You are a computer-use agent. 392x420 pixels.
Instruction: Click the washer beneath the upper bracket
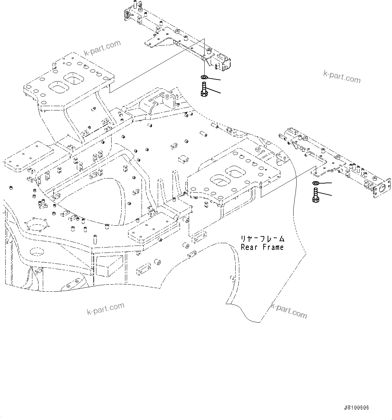(204, 77)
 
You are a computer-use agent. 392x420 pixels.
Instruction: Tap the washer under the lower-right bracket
(316, 183)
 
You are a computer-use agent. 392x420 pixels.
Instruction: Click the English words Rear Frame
(262, 247)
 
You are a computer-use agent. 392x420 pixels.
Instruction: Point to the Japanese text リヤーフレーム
(262, 239)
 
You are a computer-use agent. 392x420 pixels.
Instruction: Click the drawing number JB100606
(356, 408)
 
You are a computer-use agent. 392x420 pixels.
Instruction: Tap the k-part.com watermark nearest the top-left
(102, 49)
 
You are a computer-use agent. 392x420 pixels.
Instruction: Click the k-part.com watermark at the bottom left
(105, 308)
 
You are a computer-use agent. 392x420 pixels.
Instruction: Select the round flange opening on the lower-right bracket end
(382, 188)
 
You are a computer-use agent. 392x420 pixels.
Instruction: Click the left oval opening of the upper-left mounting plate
(58, 87)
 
